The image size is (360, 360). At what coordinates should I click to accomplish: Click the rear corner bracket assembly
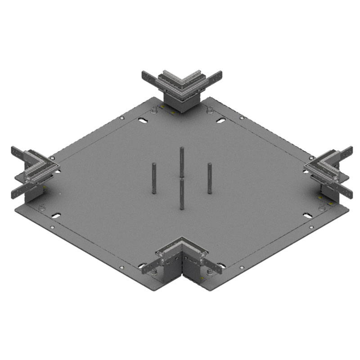(x=181, y=90)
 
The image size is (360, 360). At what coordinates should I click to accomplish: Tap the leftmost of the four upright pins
(x=154, y=178)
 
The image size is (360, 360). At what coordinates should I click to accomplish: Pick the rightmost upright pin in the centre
(x=210, y=178)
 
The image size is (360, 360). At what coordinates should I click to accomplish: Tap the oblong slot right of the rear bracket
(x=220, y=121)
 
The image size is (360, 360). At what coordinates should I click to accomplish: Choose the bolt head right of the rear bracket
(x=209, y=109)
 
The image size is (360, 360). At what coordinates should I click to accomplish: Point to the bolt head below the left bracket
(x=42, y=207)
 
